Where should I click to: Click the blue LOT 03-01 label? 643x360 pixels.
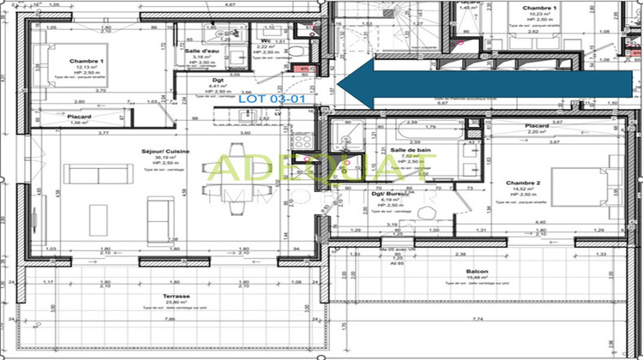[265, 99]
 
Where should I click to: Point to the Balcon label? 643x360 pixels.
[477, 272]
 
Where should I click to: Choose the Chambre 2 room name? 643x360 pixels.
[522, 183]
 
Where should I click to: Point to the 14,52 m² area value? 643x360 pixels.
[522, 189]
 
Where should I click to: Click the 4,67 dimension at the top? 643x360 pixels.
[229, 4]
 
